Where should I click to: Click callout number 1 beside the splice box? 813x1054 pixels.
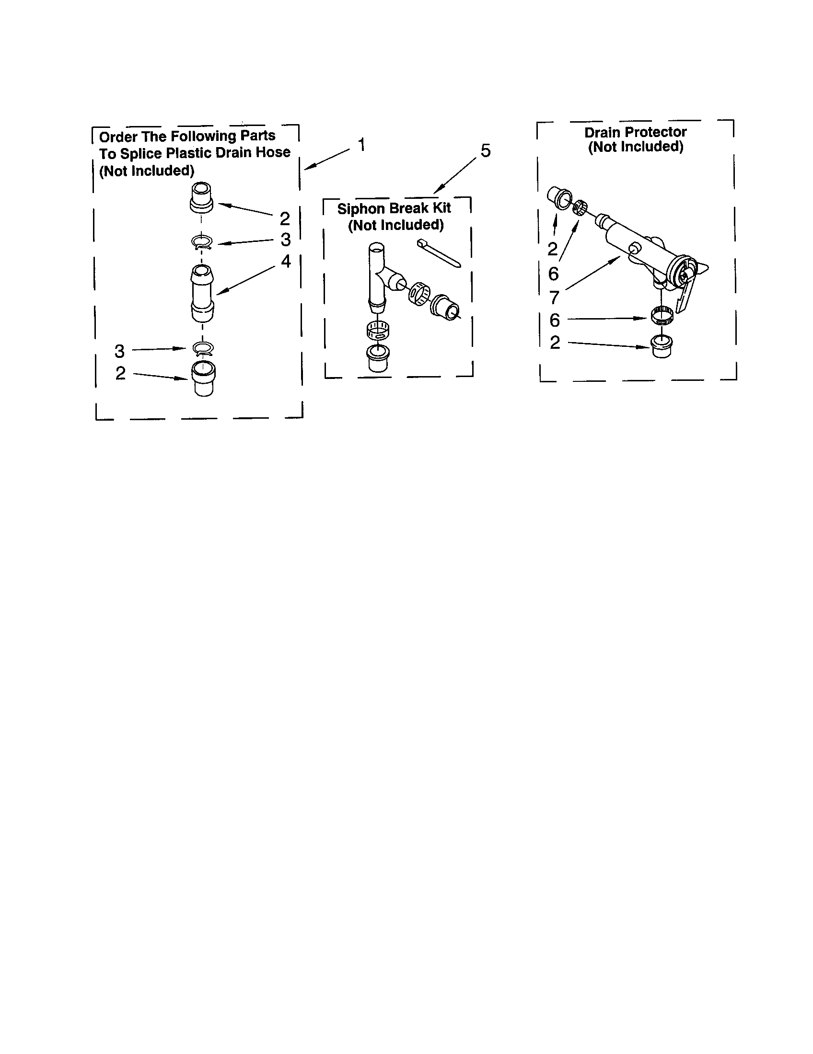(x=361, y=144)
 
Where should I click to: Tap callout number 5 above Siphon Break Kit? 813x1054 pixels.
(x=485, y=150)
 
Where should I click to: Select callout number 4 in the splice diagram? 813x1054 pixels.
(x=286, y=261)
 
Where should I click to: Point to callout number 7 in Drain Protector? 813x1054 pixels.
(x=554, y=297)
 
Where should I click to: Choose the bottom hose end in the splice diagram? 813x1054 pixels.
(x=203, y=378)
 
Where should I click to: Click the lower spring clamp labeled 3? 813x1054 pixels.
(x=203, y=348)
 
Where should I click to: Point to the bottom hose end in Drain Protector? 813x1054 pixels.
(x=662, y=346)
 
